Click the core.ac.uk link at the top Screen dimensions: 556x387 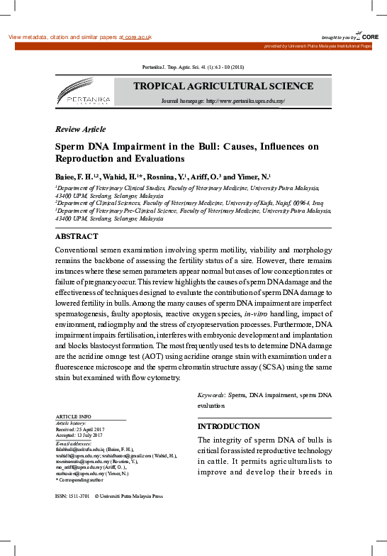click(138, 36)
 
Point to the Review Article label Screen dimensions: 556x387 click(80, 129)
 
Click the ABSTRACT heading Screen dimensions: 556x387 click(77, 236)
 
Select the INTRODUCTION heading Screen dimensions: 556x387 click(228, 426)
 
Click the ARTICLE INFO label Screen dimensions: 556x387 click(73, 416)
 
